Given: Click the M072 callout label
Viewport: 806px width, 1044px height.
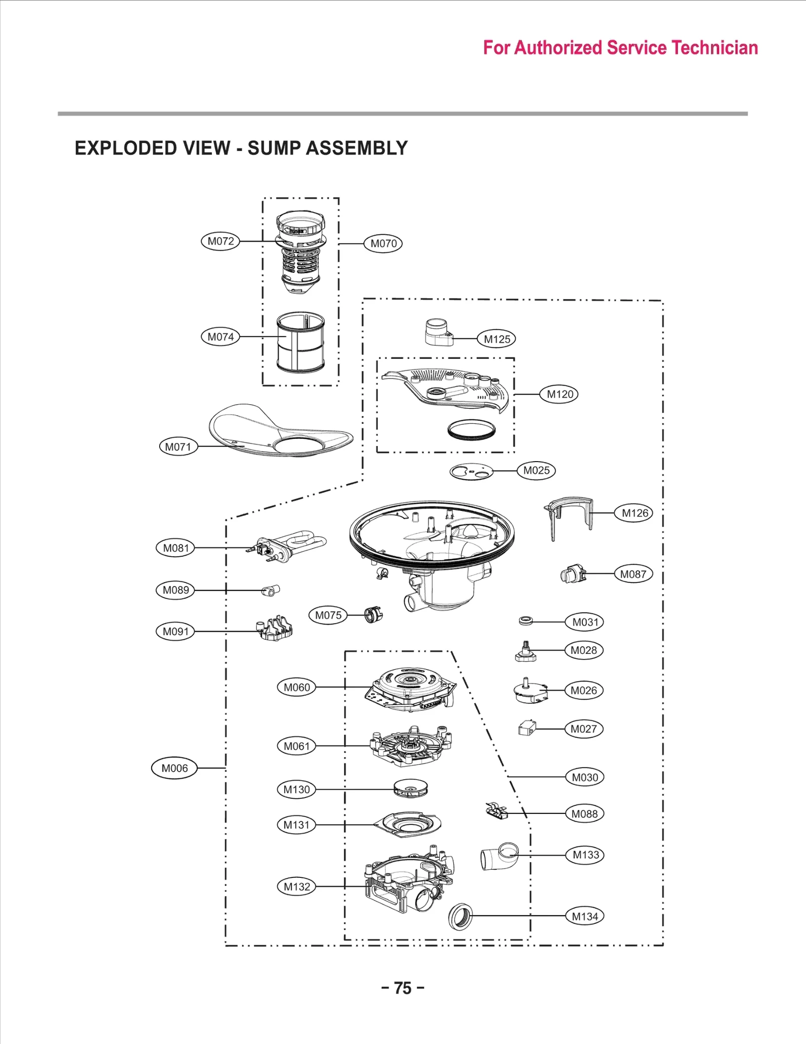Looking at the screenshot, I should [x=221, y=241].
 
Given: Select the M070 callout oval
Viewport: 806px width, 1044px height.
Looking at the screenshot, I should [x=383, y=244].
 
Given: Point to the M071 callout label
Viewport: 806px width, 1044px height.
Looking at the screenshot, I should [x=178, y=446].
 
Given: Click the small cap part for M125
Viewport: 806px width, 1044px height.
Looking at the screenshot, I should [x=438, y=332].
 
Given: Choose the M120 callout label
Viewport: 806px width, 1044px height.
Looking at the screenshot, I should [x=560, y=394].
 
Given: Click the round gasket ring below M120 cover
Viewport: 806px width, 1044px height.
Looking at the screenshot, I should [x=472, y=429].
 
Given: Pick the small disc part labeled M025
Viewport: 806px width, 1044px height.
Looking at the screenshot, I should [x=472, y=472].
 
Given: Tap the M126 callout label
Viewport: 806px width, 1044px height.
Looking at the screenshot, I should [x=634, y=513].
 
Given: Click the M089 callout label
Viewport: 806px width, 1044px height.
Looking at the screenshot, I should [x=176, y=590].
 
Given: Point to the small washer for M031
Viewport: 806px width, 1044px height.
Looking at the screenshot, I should [x=525, y=621].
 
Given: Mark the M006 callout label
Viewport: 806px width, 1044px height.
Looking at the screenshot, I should [x=174, y=768].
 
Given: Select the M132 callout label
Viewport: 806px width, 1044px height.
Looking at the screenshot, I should [x=297, y=886].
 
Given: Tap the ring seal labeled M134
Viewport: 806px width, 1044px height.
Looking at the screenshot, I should [x=460, y=916].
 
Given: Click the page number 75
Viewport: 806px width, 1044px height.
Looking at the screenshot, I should [x=402, y=988].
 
